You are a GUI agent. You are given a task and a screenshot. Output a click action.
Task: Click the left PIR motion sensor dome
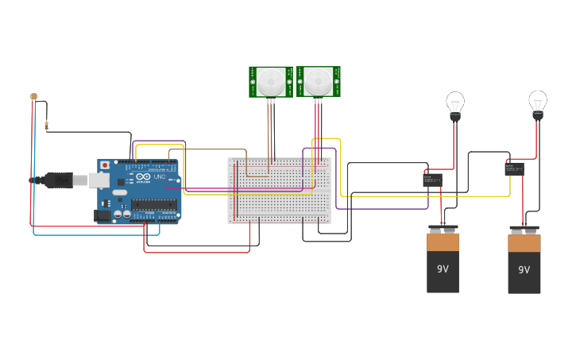click(270, 81)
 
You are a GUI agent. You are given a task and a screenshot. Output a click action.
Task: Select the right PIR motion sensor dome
click(319, 81)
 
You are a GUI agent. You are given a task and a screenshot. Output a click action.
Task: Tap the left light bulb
click(455, 103)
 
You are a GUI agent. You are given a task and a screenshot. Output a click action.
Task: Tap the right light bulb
click(538, 102)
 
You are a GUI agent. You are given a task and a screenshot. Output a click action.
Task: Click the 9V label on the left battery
click(443, 269)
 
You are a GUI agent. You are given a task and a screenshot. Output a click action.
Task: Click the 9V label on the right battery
click(524, 270)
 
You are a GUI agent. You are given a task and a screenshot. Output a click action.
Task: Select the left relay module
click(433, 180)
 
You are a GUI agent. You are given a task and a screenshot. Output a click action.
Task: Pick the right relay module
click(514, 168)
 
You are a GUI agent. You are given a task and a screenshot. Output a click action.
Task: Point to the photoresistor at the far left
click(33, 96)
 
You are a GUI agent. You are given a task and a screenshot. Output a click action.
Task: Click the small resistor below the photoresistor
click(47, 125)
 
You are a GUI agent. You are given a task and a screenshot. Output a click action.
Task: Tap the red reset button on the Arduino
click(105, 165)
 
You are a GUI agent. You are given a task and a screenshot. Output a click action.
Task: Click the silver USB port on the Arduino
click(99, 180)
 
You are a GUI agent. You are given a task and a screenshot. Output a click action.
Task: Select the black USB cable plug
click(59, 180)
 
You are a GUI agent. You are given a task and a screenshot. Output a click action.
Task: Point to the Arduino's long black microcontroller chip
click(154, 204)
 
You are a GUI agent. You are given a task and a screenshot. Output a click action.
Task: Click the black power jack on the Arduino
click(102, 215)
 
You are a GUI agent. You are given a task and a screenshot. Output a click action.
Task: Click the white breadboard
click(279, 191)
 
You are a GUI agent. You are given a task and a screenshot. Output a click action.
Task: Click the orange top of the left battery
click(443, 242)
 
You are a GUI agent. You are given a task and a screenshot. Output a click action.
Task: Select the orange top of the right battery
click(524, 242)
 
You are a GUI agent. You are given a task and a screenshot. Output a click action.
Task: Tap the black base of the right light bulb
click(538, 116)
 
